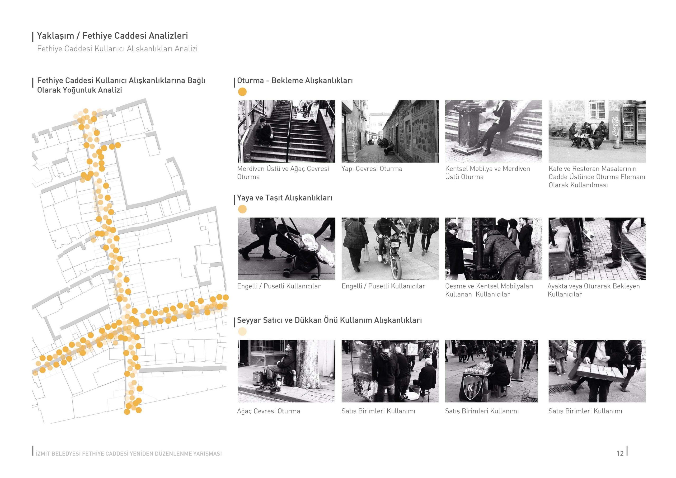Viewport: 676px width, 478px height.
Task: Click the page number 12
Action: pos(620,453)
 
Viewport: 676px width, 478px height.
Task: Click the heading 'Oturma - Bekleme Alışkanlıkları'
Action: pos(295,81)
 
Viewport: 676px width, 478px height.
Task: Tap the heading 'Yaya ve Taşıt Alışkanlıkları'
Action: pos(284,198)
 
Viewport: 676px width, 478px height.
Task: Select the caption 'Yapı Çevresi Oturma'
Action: pos(372,169)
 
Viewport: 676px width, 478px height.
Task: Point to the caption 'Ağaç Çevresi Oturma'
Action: pos(269,411)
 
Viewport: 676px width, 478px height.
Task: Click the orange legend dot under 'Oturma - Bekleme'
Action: pos(242,92)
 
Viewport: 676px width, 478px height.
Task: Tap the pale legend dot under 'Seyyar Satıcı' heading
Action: pos(242,332)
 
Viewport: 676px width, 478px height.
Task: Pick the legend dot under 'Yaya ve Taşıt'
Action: pos(242,209)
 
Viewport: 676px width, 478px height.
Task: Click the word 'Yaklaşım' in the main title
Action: pos(55,36)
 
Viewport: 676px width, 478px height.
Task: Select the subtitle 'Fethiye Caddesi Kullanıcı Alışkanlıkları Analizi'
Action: pos(117,49)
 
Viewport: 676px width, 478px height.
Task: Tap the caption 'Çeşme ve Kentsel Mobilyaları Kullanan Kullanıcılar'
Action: pos(489,290)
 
